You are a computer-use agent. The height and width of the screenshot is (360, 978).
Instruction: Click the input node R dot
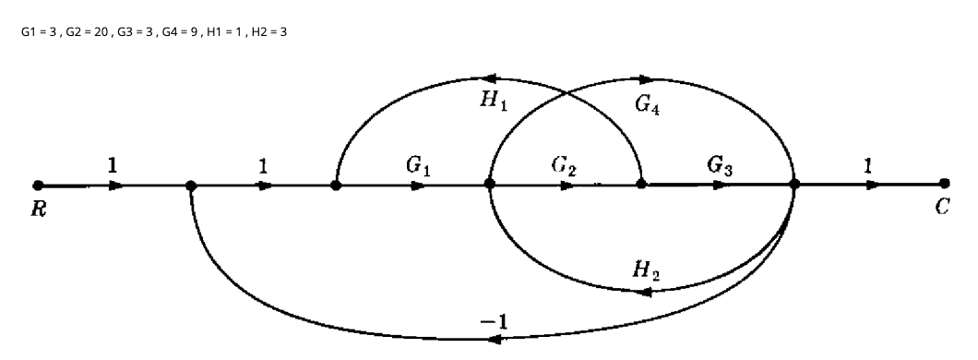37,185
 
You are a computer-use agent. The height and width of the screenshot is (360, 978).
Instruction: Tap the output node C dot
943,185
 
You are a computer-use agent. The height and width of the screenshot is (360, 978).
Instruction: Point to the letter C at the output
941,207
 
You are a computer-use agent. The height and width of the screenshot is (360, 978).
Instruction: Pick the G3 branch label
722,166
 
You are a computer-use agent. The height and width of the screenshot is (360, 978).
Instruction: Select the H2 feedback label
645,270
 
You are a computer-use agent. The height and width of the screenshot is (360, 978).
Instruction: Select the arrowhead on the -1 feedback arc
495,340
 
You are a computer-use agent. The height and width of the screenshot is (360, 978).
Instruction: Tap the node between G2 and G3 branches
641,185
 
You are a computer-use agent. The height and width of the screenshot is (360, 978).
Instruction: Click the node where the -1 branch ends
191,185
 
